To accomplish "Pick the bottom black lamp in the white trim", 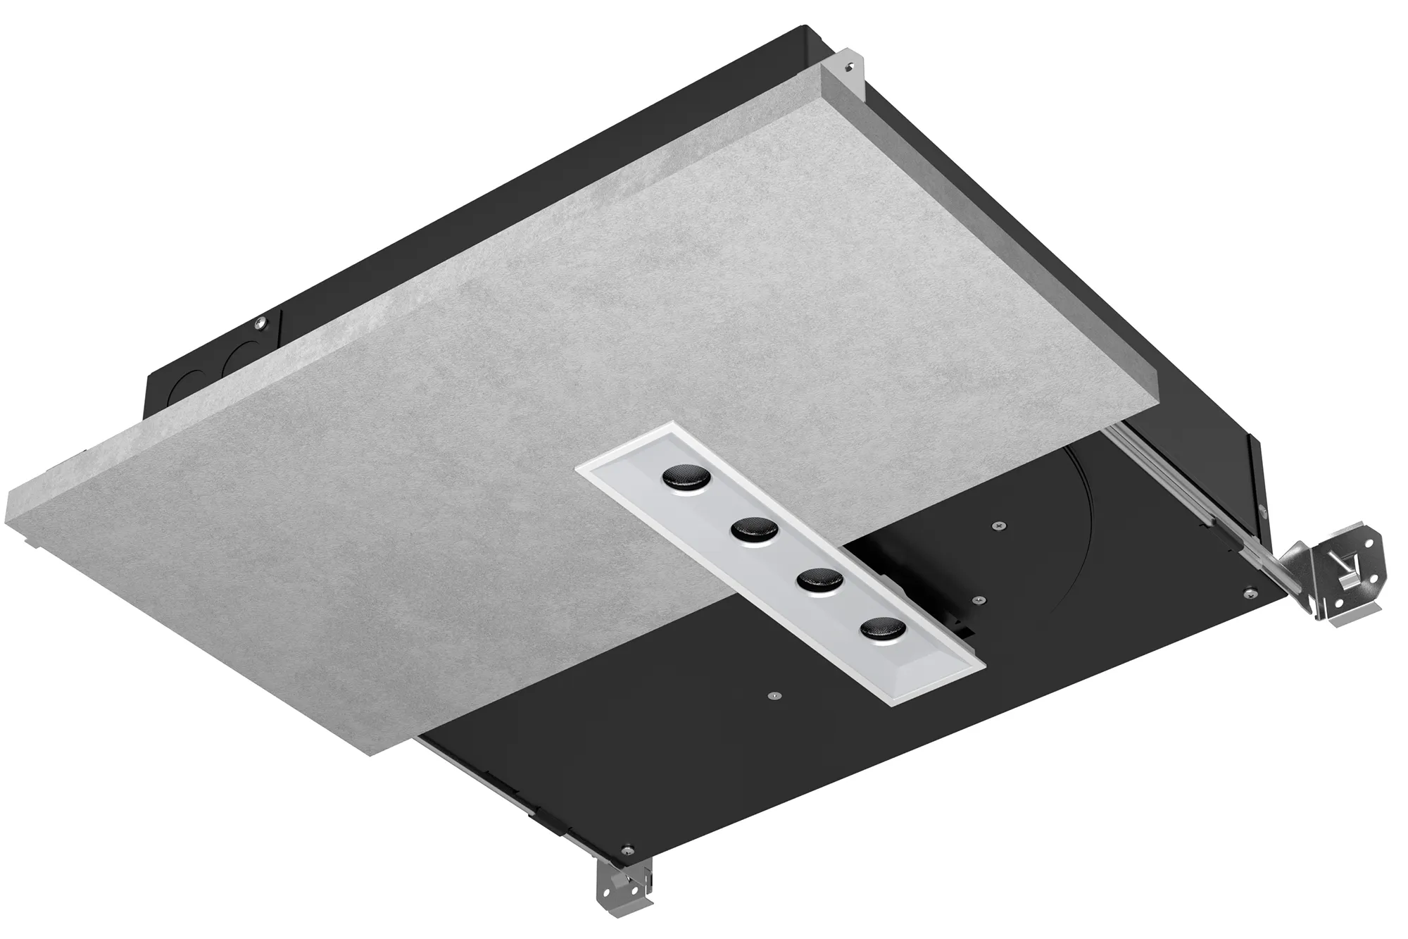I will pos(879,626).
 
